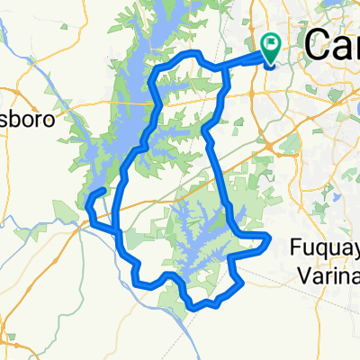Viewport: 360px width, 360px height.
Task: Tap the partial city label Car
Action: (333, 42)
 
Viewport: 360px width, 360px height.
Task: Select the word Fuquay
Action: (325, 245)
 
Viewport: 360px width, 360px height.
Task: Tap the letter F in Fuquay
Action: (299, 245)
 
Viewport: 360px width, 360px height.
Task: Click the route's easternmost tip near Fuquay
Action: (268, 237)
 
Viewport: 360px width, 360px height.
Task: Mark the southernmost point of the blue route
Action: (193, 309)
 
